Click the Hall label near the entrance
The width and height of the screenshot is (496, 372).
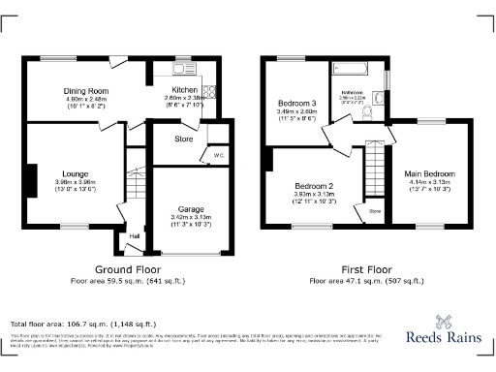click(x=134, y=235)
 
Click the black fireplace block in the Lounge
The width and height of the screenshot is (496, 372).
click(x=32, y=180)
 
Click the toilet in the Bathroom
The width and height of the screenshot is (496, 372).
click(x=366, y=113)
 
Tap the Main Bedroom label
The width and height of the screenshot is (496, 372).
click(x=430, y=173)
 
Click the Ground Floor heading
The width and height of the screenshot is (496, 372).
click(x=127, y=268)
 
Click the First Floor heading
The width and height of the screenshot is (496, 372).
click(x=366, y=268)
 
